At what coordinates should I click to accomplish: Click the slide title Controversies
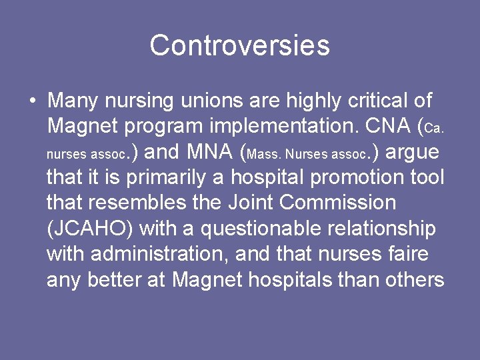[x=239, y=45]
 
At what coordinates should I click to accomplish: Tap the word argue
[x=413, y=153]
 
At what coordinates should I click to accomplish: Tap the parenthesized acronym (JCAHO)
[x=91, y=229]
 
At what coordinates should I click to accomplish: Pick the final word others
[x=415, y=279]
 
